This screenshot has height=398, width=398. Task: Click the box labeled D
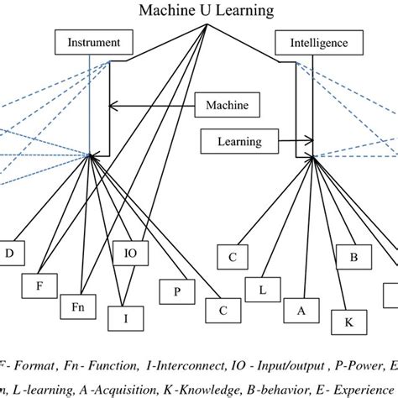(x=10, y=252)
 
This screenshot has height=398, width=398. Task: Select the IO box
(x=129, y=252)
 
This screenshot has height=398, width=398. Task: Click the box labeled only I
(x=125, y=317)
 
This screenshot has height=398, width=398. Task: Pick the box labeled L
(x=261, y=290)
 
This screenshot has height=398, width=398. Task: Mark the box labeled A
(x=301, y=310)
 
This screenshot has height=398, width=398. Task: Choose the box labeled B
(x=354, y=256)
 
